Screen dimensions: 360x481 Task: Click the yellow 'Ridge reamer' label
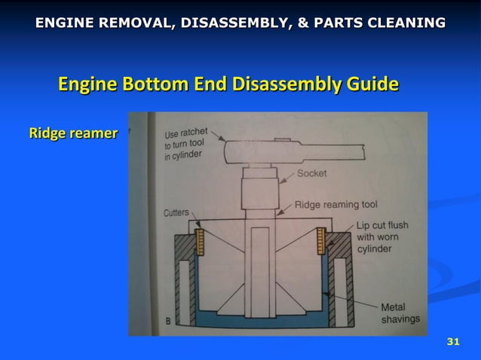[x=73, y=134]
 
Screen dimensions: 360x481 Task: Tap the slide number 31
[x=453, y=343]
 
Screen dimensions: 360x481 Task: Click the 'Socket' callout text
[x=311, y=173]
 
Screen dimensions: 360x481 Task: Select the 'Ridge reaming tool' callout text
[x=335, y=204]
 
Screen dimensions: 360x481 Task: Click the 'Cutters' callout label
[x=176, y=213]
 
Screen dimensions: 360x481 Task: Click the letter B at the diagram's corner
[x=167, y=322]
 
